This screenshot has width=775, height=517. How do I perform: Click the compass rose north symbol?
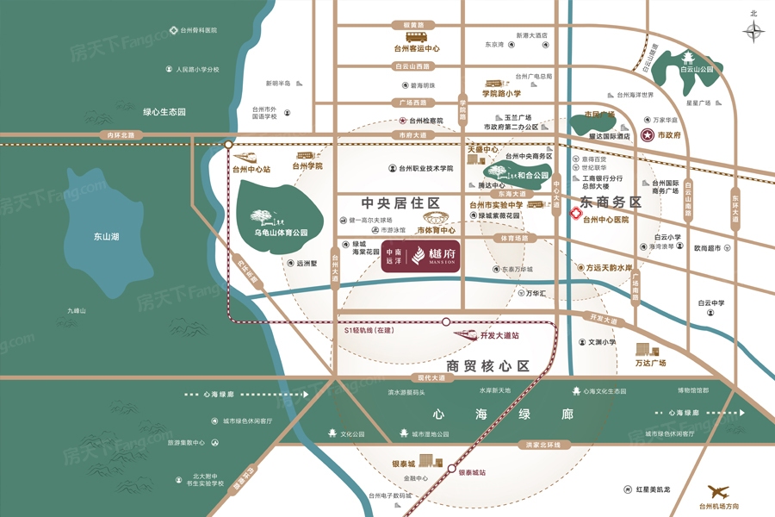click(754, 31)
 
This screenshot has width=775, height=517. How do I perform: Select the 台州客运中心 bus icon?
click(417, 37)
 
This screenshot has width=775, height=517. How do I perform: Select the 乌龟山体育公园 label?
click(281, 233)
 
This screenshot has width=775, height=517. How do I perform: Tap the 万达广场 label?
click(650, 363)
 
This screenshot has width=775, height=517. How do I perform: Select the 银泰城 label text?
click(403, 464)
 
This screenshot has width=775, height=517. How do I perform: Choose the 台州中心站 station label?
click(251, 169)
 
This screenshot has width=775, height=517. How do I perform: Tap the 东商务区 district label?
click(611, 202)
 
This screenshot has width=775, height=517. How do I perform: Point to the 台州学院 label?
click(307, 165)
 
